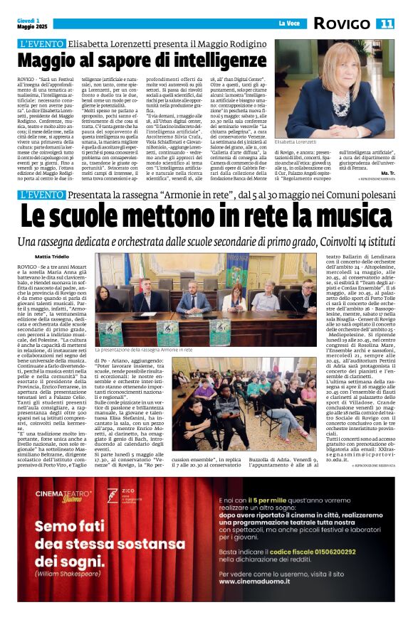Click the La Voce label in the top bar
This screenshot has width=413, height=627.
point(288,23)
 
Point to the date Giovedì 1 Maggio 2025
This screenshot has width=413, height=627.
point(28,23)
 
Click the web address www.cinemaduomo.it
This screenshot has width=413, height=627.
point(252,581)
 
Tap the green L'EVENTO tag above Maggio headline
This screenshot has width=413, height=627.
point(41,43)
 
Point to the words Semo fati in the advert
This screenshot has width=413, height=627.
point(70,527)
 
